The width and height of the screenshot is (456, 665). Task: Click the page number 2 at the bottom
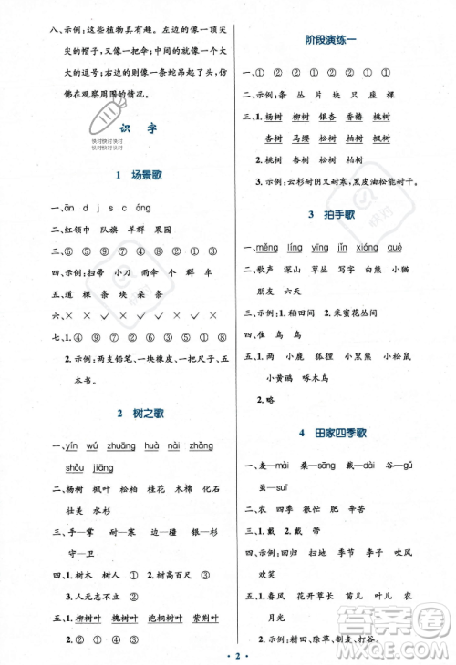[x=229, y=653]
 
